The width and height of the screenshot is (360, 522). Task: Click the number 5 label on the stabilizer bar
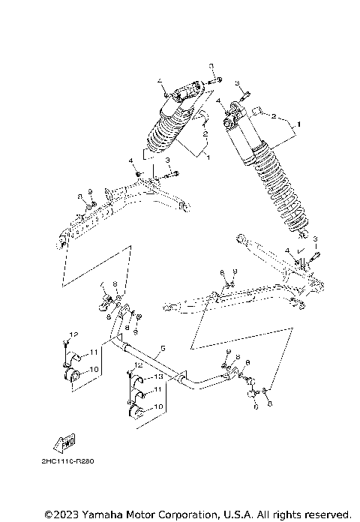click(x=160, y=349)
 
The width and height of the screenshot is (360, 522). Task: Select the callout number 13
click(x=158, y=376)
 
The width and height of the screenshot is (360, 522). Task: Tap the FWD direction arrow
click(x=65, y=440)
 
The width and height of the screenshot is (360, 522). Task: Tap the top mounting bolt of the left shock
click(x=212, y=78)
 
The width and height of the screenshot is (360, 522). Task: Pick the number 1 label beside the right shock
click(x=298, y=122)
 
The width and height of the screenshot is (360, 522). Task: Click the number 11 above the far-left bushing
click(x=94, y=352)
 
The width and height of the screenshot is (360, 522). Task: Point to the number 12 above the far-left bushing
click(x=74, y=332)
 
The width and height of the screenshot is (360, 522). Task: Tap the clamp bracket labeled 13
click(x=139, y=378)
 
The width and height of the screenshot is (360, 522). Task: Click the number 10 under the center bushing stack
click(x=158, y=406)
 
